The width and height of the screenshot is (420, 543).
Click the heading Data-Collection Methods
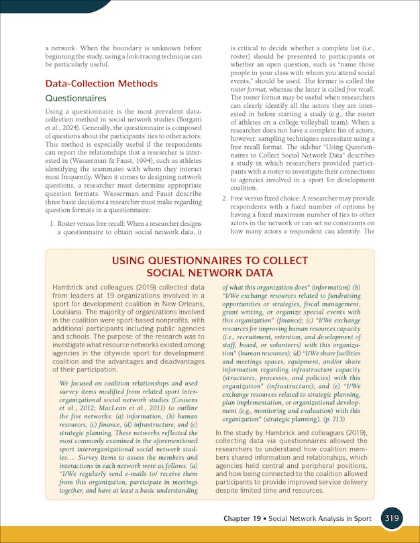tap(101, 84)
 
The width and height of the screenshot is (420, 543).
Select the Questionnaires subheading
tap(75, 98)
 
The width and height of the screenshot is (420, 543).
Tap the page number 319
tap(393, 519)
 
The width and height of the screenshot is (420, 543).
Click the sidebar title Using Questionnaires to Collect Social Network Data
tap(210, 266)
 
